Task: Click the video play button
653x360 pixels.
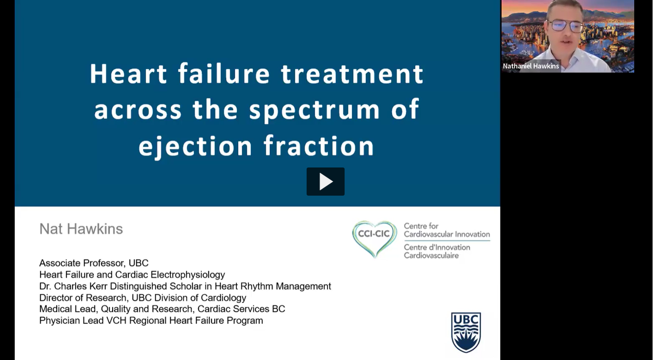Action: pos(325,181)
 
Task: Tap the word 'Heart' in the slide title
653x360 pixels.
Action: pos(128,74)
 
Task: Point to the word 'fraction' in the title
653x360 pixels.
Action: pos(319,145)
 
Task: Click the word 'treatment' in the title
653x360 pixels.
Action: pos(352,74)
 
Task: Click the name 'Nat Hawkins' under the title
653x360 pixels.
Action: pos(81,229)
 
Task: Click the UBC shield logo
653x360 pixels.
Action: pos(466,332)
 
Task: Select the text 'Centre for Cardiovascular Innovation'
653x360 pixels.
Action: pos(447,230)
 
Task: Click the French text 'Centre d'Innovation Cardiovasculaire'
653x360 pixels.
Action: pos(437,251)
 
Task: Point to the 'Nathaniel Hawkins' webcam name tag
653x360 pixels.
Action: pos(531,66)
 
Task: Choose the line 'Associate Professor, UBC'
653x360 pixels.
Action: pos(94,263)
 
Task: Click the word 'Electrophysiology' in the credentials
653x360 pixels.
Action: pos(188,275)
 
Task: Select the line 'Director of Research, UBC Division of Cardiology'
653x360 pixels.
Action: pos(143,297)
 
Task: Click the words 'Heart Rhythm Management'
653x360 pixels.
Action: pos(273,286)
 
